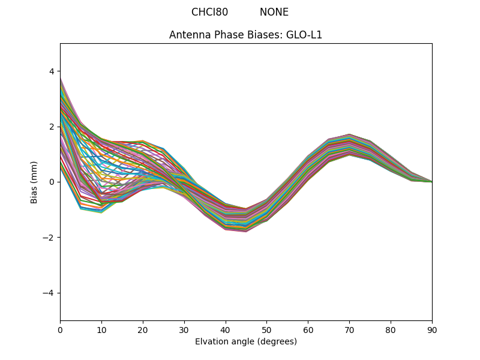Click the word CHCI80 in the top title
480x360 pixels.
[209, 12]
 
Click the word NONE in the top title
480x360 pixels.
[274, 12]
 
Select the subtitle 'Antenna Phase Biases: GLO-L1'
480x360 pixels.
[245, 35]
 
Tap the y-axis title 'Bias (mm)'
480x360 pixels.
[34, 182]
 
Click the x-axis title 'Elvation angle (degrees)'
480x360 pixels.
[245, 341]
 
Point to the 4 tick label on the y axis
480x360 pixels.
[51, 71]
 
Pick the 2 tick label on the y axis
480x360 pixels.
[51, 127]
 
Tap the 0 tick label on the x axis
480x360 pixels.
[60, 329]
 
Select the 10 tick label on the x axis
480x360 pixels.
[101, 329]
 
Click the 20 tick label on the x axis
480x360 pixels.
[143, 329]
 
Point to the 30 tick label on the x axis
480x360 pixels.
[184, 329]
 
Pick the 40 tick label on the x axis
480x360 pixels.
[226, 329]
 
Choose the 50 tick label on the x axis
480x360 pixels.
[266, 329]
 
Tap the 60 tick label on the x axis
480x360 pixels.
[308, 329]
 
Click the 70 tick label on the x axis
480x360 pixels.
[349, 329]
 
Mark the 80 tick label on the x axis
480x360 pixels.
[391, 329]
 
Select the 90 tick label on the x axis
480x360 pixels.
[432, 329]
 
